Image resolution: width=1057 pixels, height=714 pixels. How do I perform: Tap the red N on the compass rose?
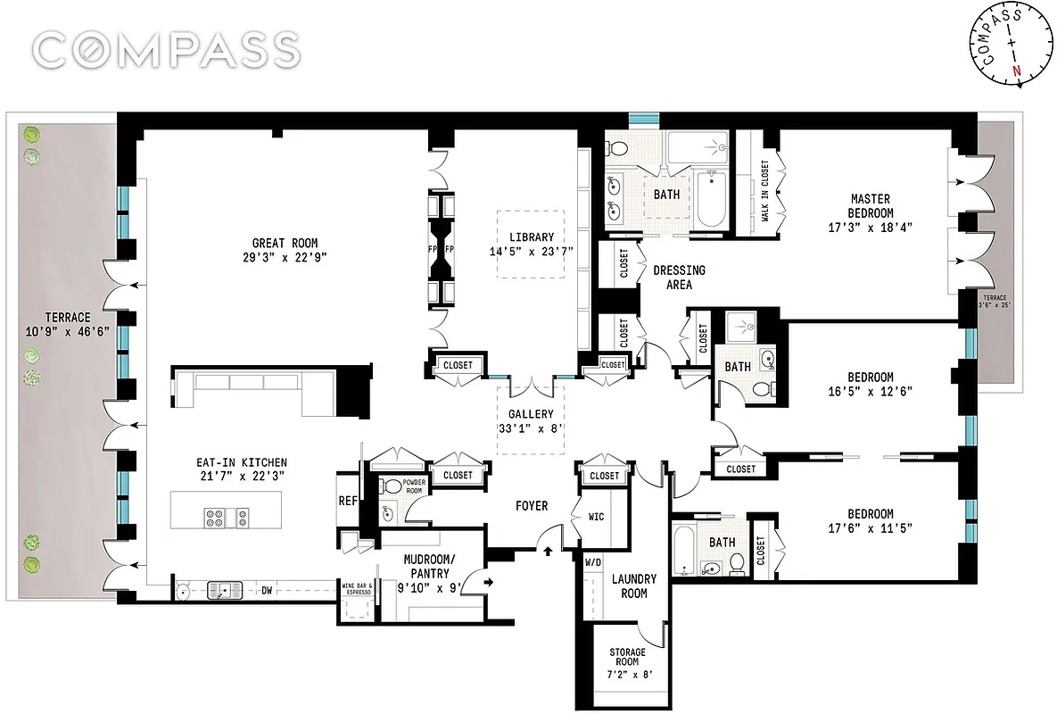[1015, 71]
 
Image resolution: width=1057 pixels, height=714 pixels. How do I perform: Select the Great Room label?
[285, 243]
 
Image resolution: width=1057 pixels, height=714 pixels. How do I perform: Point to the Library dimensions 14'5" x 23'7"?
[532, 252]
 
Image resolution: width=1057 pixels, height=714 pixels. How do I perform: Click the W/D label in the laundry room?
[593, 563]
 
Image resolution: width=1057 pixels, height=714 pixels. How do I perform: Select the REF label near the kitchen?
[348, 502]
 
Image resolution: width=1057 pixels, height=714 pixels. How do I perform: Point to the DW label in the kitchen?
[266, 589]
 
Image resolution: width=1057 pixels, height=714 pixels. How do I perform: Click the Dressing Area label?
[679, 277]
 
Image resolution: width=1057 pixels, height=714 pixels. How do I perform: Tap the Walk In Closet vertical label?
[765, 189]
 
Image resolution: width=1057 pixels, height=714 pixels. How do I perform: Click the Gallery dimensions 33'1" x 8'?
[532, 428]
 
